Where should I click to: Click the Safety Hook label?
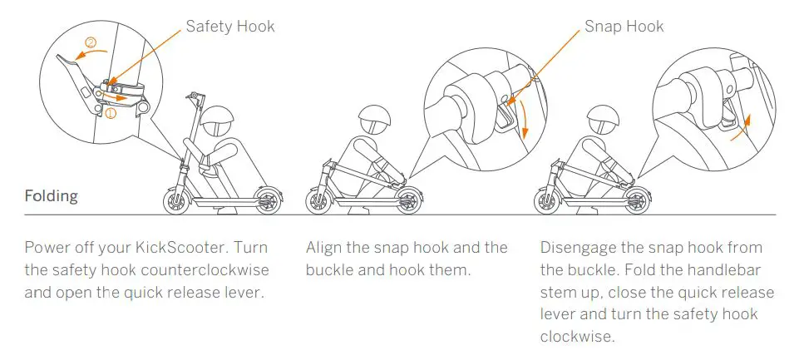pos(229,27)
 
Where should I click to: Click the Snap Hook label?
pos(624,27)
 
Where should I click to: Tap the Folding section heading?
pos(52,197)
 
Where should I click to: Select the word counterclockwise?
pos(190,270)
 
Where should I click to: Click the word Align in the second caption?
pos(323,248)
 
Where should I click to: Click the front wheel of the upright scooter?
pos(177,200)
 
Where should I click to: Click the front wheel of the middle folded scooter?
pos(320,200)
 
